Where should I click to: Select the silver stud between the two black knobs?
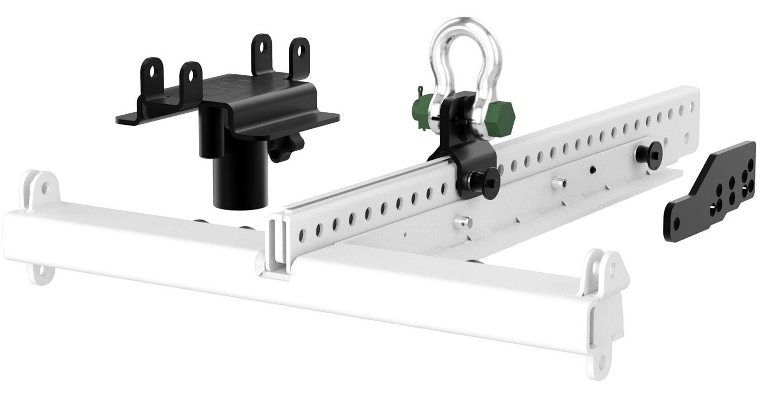point(559,183)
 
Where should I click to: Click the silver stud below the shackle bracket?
point(463,222)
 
